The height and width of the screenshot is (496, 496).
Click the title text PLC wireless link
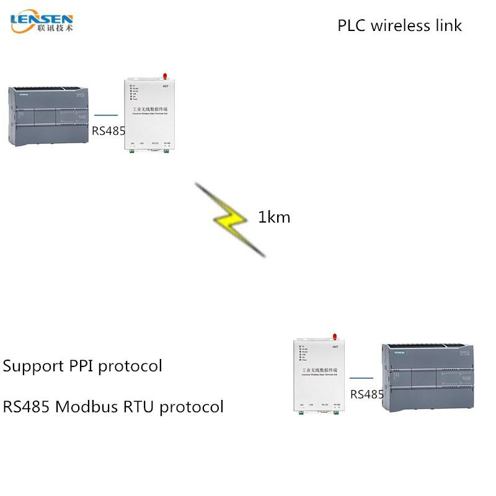coord(399,25)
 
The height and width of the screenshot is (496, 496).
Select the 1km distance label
coord(274,218)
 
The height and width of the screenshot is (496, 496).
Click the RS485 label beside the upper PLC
coord(108,131)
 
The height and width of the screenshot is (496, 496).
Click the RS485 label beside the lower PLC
coord(367,394)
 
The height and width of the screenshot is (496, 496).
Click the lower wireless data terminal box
coord(318,375)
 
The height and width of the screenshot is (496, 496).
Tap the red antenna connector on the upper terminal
coord(166,76)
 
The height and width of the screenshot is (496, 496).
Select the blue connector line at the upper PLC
coord(106,115)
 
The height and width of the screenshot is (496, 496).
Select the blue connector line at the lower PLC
coord(361,378)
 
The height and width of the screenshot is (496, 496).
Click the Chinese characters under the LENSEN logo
coord(55,28)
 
